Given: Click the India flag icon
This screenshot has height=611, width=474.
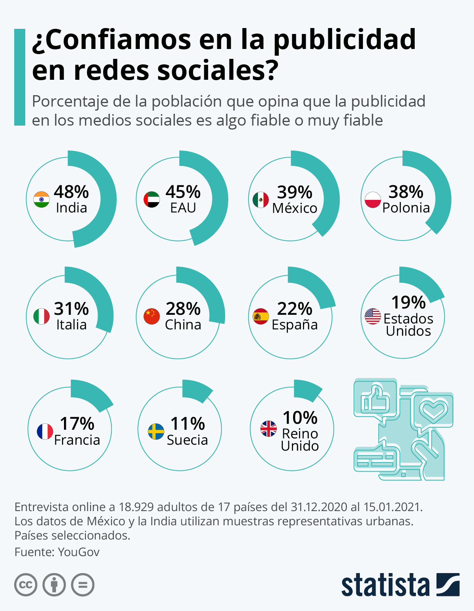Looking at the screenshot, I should point(41,199).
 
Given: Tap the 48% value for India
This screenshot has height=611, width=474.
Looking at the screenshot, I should point(71,192).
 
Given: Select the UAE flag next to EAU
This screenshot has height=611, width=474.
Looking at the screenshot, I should point(152,199).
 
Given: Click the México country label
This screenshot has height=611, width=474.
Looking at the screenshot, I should point(295,208).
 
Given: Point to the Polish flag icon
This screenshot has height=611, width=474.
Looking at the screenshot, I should point(372,200).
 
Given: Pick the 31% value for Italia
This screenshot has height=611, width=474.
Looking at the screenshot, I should point(71,309).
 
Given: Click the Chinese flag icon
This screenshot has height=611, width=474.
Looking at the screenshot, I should point(152,316).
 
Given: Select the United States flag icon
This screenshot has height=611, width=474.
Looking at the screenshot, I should point(372,316).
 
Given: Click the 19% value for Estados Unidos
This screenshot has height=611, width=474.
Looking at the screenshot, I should point(408,303).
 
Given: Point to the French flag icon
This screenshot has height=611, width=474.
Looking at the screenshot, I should point(45,432).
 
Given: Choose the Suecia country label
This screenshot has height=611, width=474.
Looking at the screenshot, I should point(187,440).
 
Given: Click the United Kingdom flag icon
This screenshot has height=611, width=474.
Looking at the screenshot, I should point(269,429).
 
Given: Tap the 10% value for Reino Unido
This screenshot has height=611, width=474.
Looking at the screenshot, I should point(300,418).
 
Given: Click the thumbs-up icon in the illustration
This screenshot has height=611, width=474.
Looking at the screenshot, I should point(375,398).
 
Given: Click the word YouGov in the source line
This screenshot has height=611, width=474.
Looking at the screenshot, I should point(79,552).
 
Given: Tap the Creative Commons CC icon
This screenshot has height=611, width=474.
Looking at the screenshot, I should point(26,585).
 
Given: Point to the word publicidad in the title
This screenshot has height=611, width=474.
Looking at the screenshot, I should point(344,39).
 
